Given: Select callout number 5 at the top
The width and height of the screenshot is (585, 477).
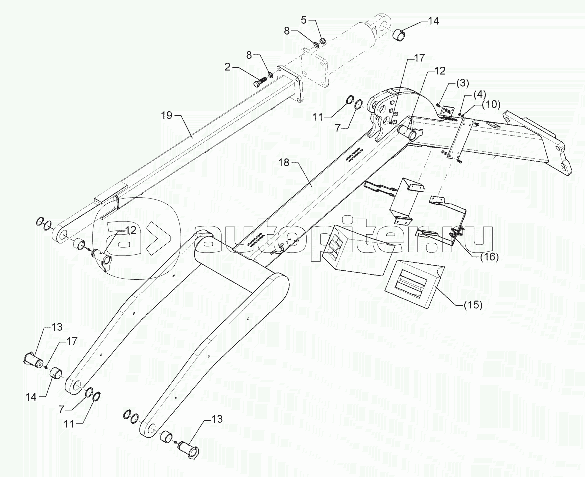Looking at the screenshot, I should [304, 20].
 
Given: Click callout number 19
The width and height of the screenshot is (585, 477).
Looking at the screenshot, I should [166, 115].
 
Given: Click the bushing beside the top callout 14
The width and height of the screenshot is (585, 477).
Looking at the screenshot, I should [398, 37].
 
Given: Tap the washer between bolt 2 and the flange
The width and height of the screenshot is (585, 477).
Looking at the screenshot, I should [270, 75].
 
